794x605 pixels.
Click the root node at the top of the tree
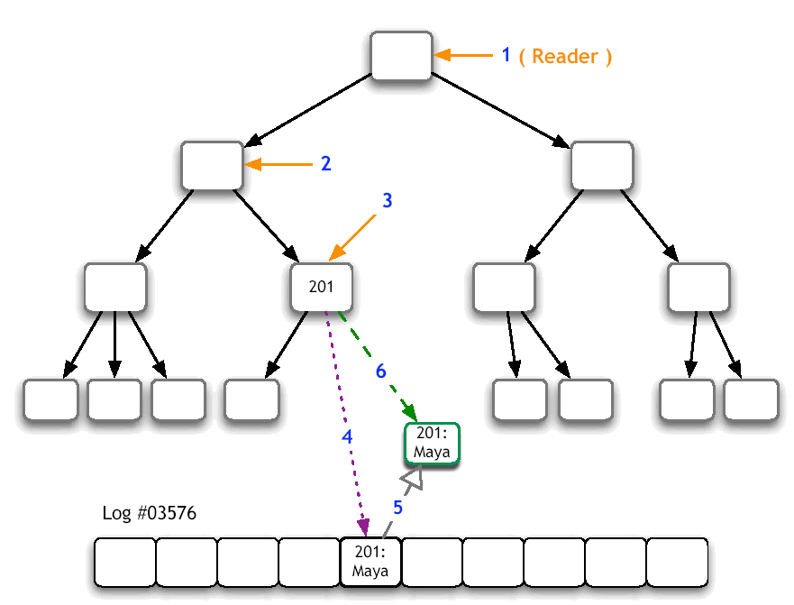click(x=401, y=56)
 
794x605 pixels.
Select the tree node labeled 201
click(x=321, y=288)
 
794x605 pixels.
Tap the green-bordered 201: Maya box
click(x=431, y=444)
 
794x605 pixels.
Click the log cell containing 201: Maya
click(x=370, y=562)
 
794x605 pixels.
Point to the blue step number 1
click(x=507, y=55)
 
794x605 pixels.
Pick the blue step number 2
click(x=325, y=164)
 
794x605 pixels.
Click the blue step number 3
click(x=387, y=201)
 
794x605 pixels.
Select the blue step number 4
click(x=346, y=436)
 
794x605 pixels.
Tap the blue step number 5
click(x=397, y=508)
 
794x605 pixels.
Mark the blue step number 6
click(x=380, y=371)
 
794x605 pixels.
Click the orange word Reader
click(x=565, y=56)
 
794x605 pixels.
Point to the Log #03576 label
click(x=150, y=514)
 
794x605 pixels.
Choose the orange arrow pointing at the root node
click(x=464, y=56)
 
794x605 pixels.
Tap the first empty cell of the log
click(x=125, y=562)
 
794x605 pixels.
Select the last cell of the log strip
click(x=677, y=562)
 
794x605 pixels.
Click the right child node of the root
click(x=602, y=165)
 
